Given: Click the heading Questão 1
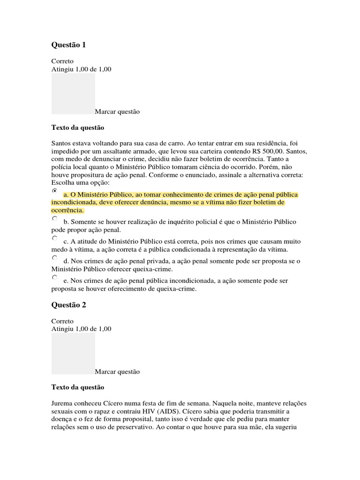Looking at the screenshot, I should [x=68, y=45].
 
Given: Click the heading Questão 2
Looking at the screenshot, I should [x=68, y=305].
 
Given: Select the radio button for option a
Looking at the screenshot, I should [x=54, y=191].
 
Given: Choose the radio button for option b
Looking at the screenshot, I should [x=54, y=218].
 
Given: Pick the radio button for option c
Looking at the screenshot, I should [x=54, y=238].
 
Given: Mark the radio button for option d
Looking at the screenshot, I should [x=54, y=258].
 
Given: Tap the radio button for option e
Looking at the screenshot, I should [x=54, y=277].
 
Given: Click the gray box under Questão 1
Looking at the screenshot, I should [x=73, y=93].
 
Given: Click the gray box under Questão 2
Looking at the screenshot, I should [x=73, y=353].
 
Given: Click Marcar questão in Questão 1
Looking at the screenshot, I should [x=117, y=112].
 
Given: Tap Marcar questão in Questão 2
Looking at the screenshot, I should [x=117, y=372].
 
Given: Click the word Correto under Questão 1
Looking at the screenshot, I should [x=62, y=61].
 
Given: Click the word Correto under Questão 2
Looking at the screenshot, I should [x=62, y=322].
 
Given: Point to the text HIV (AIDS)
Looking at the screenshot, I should [x=157, y=412].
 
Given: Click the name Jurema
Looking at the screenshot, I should [x=62, y=404].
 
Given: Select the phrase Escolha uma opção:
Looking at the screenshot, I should [x=80, y=182].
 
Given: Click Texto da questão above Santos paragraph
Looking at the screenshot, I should [x=77, y=127].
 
